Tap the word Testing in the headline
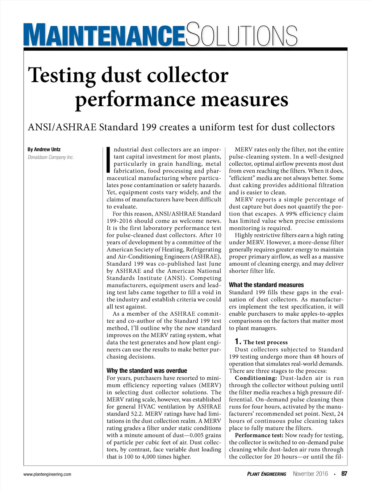tap(62, 75)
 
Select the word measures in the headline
tap(245, 100)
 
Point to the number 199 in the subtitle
tap(149, 127)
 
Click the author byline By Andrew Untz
tap(44, 149)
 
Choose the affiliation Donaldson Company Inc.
tap(51, 157)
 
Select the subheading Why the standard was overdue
tap(147, 371)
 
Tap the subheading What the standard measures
tap(266, 285)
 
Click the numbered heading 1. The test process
tap(261, 342)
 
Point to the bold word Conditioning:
tap(256, 378)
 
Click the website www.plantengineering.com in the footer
tap(47, 474)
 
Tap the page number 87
tap(344, 474)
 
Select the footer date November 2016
tap(310, 474)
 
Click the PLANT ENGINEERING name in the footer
tap(267, 474)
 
